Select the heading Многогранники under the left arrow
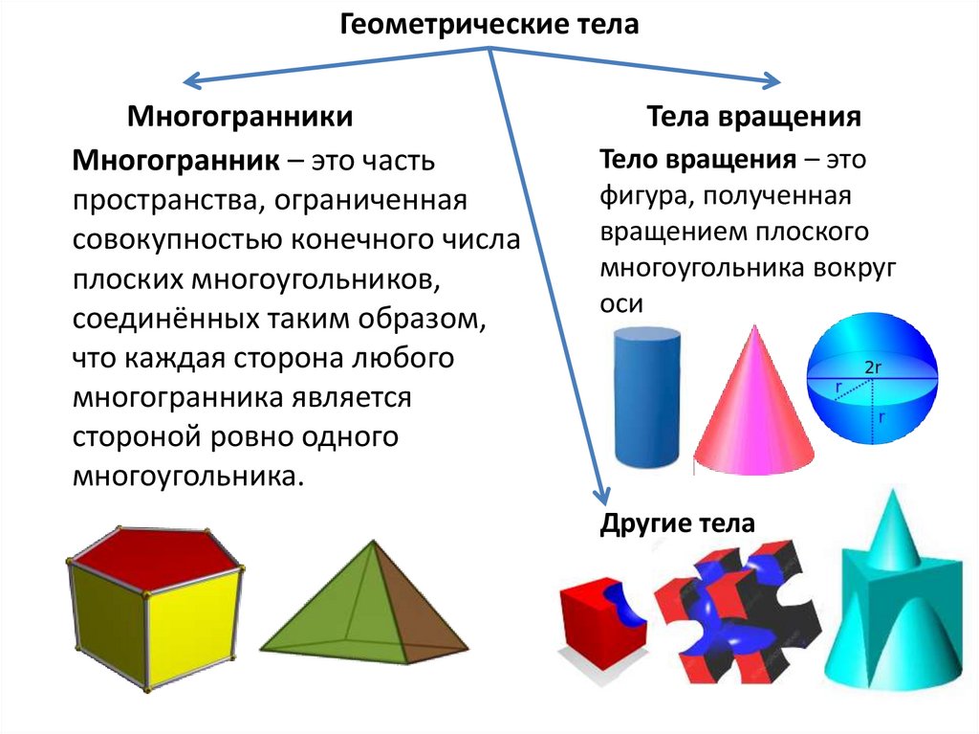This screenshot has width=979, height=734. tap(240, 118)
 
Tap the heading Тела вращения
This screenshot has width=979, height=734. tap(754, 118)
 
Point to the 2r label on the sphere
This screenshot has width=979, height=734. tap(872, 367)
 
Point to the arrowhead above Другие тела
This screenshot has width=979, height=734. tap(601, 496)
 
